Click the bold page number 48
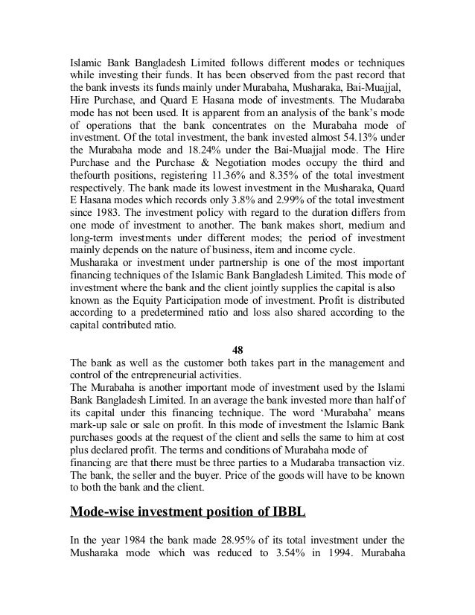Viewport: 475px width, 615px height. coord(238,350)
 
